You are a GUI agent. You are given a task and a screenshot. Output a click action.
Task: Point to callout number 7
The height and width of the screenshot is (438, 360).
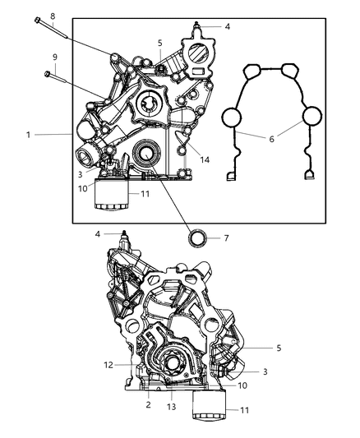tap(226, 239)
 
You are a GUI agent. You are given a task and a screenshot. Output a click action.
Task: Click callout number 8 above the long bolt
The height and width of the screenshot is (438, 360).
tap(53, 16)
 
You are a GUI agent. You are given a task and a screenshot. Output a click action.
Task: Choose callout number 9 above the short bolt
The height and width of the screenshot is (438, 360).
tap(55, 57)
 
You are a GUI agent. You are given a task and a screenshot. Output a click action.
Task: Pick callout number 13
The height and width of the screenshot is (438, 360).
tap(169, 405)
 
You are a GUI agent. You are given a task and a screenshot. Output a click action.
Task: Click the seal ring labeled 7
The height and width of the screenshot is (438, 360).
tap(198, 239)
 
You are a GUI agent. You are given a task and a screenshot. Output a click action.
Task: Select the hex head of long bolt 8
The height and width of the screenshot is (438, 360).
tap(38, 21)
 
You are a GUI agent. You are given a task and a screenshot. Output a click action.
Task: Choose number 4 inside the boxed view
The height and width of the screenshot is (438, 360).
tap(228, 26)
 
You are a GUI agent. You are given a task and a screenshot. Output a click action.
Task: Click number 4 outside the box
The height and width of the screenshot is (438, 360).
tap(98, 234)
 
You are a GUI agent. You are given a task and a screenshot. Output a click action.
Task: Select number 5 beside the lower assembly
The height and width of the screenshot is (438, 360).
tap(279, 348)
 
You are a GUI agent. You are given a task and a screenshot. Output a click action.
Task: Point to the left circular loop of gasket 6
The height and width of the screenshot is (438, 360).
tap(237, 118)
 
